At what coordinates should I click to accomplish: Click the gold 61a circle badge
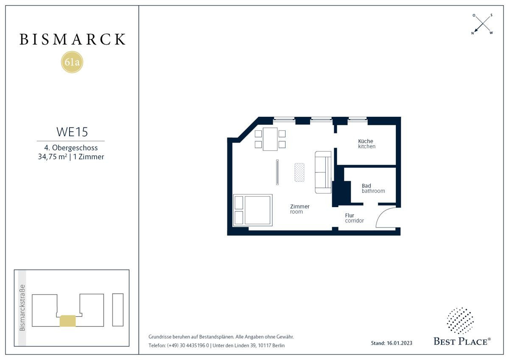pos(72,62)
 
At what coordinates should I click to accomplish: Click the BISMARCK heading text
pos(73,39)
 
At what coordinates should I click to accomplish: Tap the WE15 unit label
pos(72,132)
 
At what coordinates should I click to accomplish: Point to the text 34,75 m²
pos(53,157)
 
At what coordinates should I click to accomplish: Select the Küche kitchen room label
pos(366,144)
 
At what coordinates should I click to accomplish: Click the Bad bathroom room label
pos(373,188)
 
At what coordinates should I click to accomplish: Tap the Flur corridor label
pos(354,218)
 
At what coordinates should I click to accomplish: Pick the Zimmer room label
pos(300,209)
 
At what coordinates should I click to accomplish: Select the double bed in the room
pos(252,210)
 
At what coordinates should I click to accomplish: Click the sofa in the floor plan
pos(323,172)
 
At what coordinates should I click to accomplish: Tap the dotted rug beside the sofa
pos(299,172)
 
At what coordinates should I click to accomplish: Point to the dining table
pos(270,139)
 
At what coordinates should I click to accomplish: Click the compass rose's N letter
pos(473,33)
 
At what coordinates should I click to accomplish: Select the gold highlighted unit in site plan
pos(67,321)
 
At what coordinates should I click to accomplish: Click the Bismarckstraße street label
pos(22,308)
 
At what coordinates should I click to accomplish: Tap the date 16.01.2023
pos(400,343)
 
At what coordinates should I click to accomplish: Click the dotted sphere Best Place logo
pos(460,321)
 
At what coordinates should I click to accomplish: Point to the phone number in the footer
pos(188,346)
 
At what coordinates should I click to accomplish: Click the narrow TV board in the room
pos(277,172)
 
